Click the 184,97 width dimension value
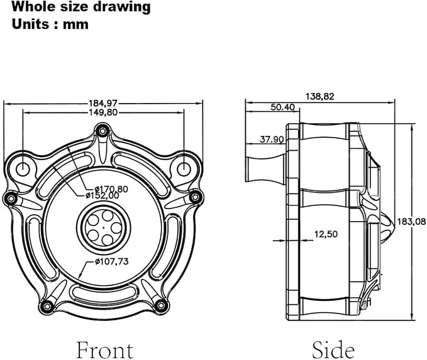click(x=103, y=104)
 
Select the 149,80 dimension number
click(x=103, y=112)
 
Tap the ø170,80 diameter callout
click(x=111, y=189)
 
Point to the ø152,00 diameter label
click(x=102, y=195)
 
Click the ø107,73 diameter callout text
click(x=112, y=261)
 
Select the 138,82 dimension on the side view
click(x=319, y=97)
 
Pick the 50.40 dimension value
click(x=282, y=107)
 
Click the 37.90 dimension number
click(x=272, y=139)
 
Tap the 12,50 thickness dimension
click(x=326, y=234)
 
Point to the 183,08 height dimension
click(x=411, y=222)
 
